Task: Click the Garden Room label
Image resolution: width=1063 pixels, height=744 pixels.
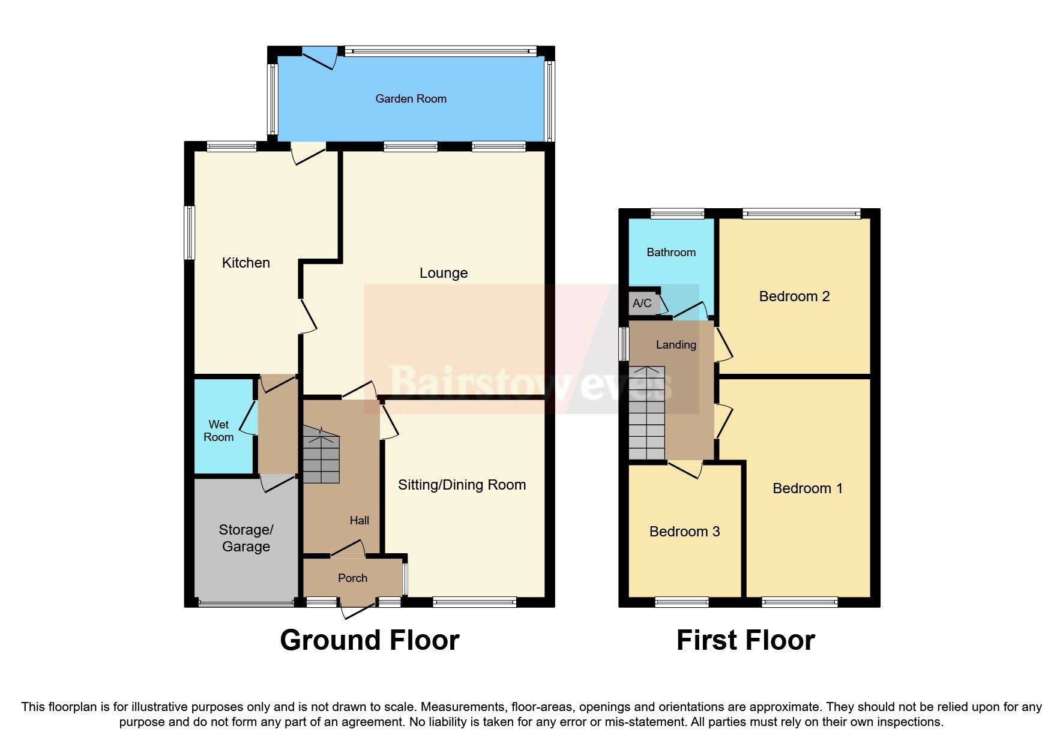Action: [411, 99]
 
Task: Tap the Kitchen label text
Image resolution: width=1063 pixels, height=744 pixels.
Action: [245, 263]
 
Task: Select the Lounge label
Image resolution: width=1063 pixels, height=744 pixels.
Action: [443, 273]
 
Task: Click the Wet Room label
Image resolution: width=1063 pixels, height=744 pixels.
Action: [218, 431]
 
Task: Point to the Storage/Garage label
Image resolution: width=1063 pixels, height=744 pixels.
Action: [245, 538]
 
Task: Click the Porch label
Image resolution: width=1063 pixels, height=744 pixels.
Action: [352, 578]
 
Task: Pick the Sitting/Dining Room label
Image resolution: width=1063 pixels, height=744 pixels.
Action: [462, 485]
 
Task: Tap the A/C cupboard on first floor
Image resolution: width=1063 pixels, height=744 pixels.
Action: [642, 303]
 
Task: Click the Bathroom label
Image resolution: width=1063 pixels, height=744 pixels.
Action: [671, 253]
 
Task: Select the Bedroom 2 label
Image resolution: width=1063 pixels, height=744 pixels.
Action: [794, 296]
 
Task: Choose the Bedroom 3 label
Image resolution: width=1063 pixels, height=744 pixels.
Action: [684, 532]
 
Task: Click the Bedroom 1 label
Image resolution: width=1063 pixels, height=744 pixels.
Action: [807, 488]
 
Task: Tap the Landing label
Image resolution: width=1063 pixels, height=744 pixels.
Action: [676, 345]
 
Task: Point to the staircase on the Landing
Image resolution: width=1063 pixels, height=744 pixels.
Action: [646, 414]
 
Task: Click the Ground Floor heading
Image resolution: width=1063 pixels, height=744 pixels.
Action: [369, 640]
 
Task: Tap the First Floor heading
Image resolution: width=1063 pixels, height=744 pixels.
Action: [745, 640]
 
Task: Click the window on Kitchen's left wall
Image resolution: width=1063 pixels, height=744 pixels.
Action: [190, 233]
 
